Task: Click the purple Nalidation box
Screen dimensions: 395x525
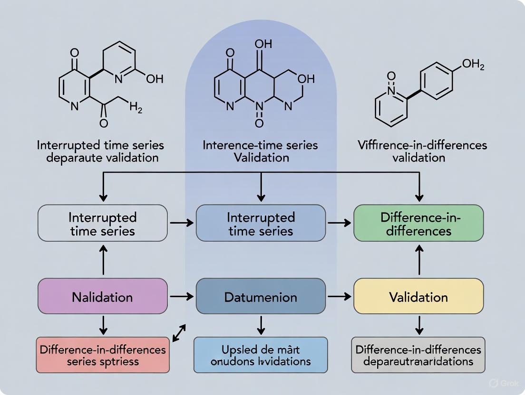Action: (x=103, y=297)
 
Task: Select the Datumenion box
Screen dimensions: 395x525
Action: (x=261, y=297)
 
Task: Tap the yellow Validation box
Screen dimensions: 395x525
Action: (x=418, y=297)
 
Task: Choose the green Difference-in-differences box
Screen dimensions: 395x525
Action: (x=418, y=224)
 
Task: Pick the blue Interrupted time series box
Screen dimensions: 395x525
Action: (x=261, y=224)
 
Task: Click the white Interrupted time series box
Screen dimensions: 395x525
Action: (x=103, y=224)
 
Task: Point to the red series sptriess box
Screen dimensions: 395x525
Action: (x=103, y=355)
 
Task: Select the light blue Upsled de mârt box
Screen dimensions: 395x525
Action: (x=261, y=355)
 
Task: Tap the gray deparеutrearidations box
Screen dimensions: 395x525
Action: (x=418, y=355)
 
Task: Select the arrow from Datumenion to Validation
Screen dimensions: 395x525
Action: (x=340, y=297)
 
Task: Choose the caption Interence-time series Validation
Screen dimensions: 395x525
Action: (x=260, y=150)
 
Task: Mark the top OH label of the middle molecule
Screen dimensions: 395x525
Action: (x=263, y=44)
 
